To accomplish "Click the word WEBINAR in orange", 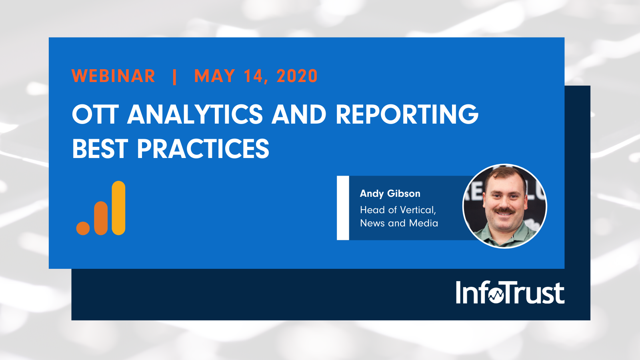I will [113, 76].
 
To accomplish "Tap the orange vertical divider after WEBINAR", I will [174, 76].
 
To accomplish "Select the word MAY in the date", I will [214, 76].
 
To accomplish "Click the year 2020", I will [297, 76].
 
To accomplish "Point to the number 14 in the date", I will [253, 76].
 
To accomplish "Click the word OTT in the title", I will [95, 114].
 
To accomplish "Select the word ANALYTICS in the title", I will [195, 114].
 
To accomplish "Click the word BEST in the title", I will [100, 149].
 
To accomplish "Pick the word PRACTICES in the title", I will [203, 149].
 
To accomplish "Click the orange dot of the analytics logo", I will [83, 228].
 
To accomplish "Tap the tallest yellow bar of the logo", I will [118, 208].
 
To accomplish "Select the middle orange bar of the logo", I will [101, 218].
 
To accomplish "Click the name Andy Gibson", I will [390, 194].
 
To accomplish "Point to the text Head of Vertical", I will [398, 210].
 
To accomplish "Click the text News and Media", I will [399, 223].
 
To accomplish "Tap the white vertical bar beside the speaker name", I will [343, 208].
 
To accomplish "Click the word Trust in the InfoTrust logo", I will [534, 293].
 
